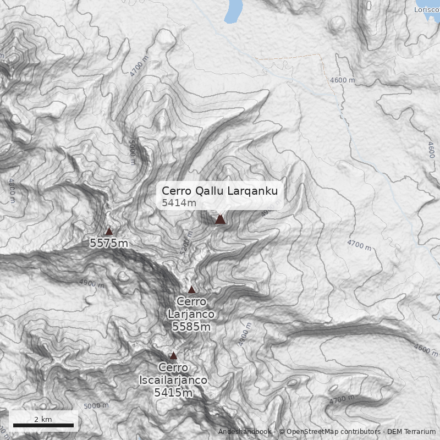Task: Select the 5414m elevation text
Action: point(179,203)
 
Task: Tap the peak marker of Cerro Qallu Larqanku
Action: point(220,219)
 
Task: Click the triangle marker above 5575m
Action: point(109,232)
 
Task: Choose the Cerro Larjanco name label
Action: point(191,307)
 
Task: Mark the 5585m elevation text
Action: point(191,327)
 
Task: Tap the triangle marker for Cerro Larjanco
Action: point(191,290)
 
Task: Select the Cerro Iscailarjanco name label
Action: point(173,373)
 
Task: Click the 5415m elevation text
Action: point(173,392)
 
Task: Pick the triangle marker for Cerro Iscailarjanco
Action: point(173,356)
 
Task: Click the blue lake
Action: point(233,11)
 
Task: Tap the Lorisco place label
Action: point(427,9)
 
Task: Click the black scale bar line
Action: point(43,425)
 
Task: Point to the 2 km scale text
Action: point(43,419)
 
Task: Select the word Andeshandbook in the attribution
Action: point(244,432)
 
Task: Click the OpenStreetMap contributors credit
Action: point(329,432)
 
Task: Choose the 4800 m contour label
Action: point(12,190)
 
